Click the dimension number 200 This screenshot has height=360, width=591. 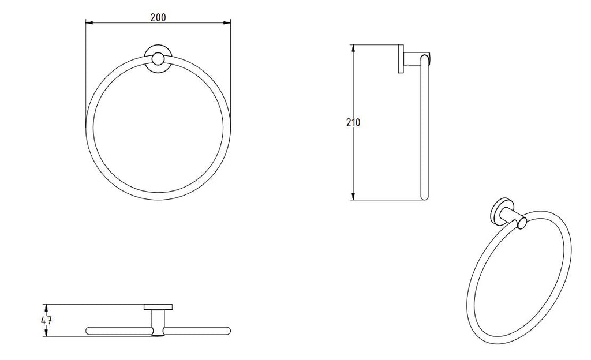(158, 17)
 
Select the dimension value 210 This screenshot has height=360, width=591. (353, 122)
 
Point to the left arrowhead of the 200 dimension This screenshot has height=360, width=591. (88, 23)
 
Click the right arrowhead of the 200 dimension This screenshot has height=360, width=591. (227, 23)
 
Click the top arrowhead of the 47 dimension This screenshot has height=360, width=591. (47, 307)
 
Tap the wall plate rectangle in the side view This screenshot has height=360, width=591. (399, 59)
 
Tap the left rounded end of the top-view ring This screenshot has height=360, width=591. (88, 331)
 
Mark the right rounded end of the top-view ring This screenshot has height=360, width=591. (227, 331)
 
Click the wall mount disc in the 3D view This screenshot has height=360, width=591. (500, 212)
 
